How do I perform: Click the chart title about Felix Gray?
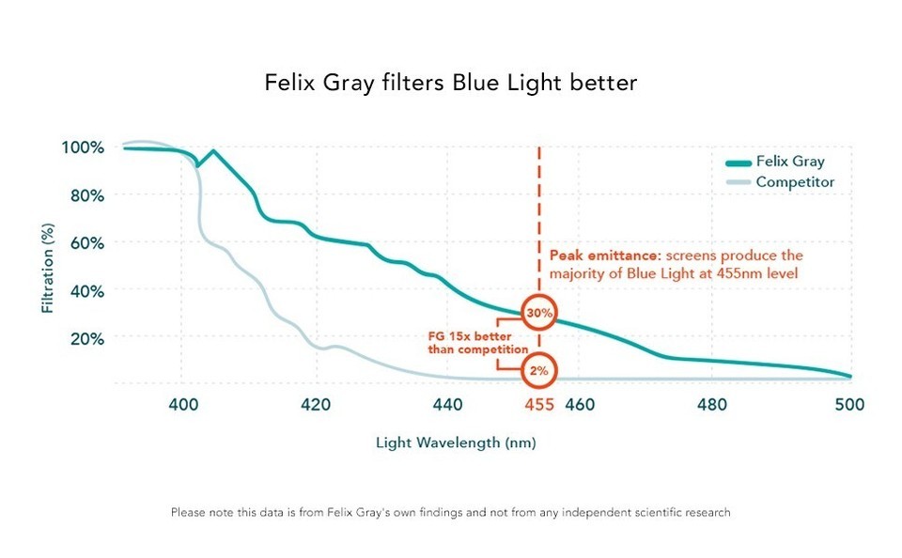coord(450,83)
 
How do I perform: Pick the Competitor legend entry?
coord(795,181)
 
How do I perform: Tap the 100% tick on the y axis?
coord(82,147)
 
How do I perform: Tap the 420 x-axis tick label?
coord(316,405)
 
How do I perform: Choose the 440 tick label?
coord(448,405)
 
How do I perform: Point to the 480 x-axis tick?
coord(713,405)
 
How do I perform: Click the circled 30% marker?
coord(539,312)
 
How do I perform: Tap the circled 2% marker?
coord(539,370)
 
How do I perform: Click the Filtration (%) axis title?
coord(48,269)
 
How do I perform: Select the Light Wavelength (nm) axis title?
coord(456,442)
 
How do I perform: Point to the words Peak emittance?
coord(592,256)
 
